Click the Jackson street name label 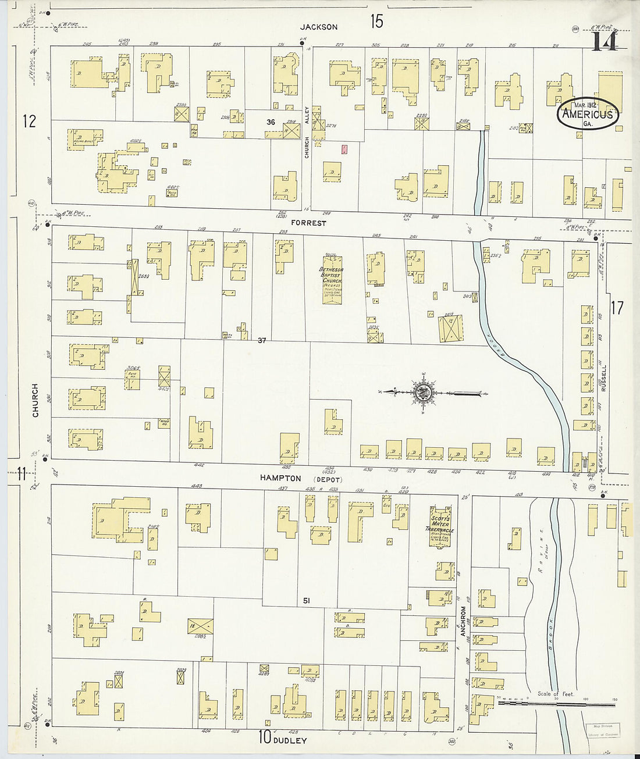(x=319, y=27)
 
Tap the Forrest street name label (x=310, y=223)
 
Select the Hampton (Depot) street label (x=301, y=478)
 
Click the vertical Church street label (x=35, y=400)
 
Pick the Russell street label (x=604, y=378)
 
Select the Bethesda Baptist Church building (x=332, y=281)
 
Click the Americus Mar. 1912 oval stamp (x=588, y=113)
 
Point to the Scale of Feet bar (x=556, y=703)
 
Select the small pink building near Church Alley (x=344, y=149)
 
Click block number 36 (x=271, y=122)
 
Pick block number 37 (x=262, y=340)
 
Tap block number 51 (x=306, y=600)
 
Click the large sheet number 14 (x=603, y=42)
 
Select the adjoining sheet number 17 (x=617, y=307)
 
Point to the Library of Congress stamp (x=602, y=730)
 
